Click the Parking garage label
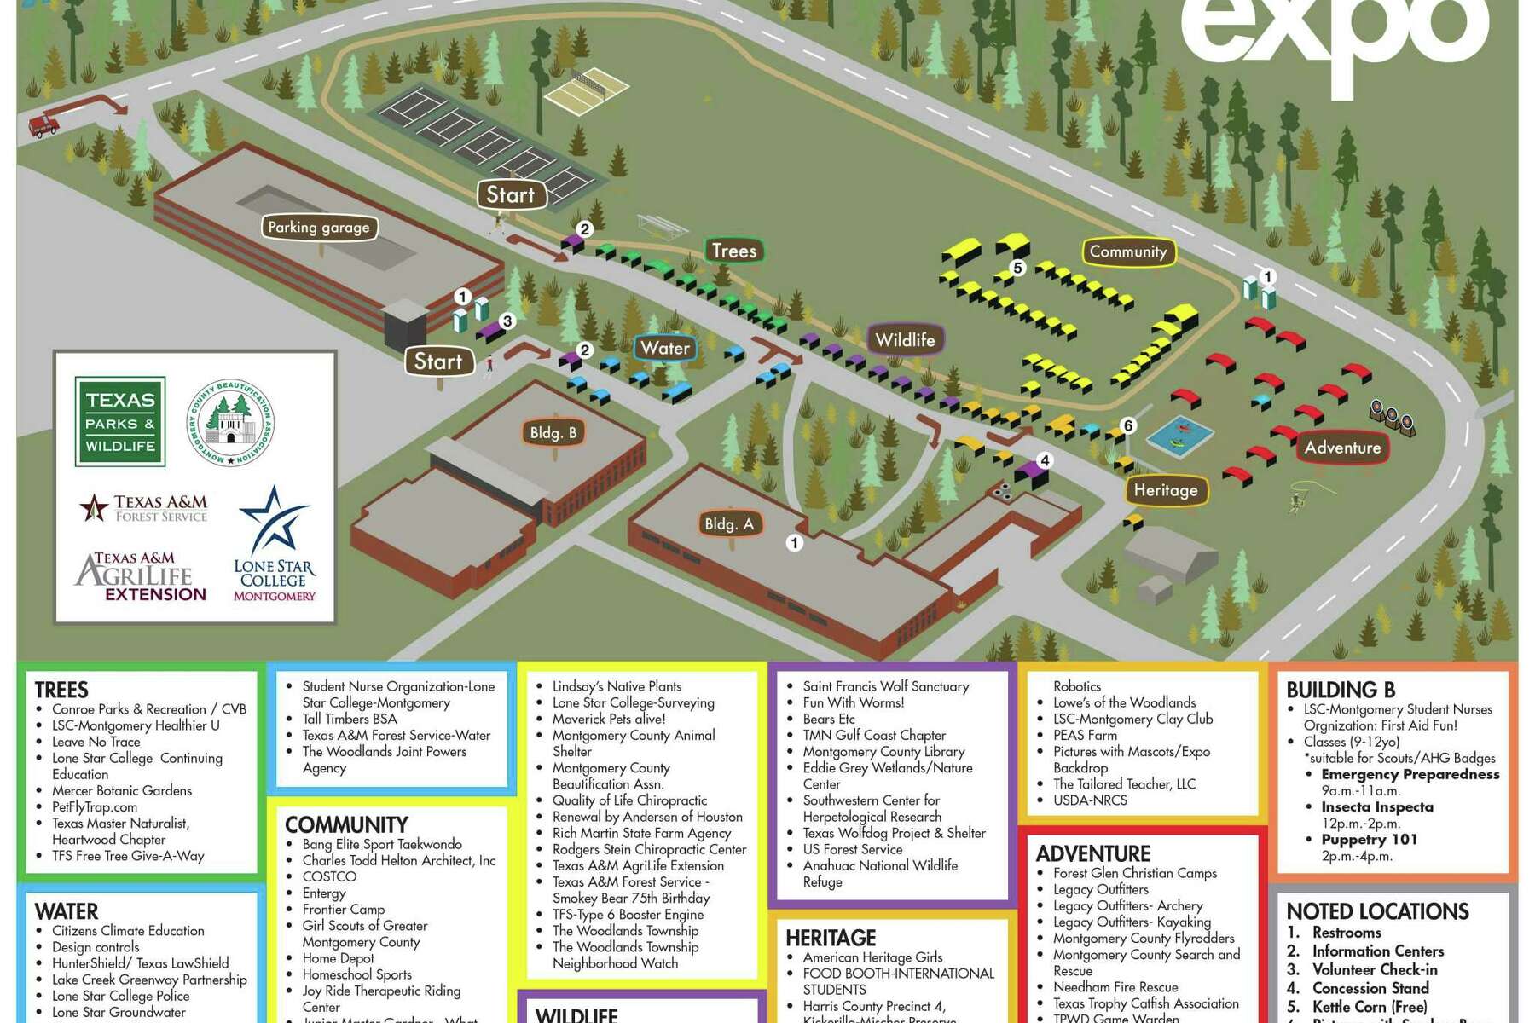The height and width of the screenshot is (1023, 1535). click(318, 228)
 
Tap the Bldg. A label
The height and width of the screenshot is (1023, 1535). click(728, 524)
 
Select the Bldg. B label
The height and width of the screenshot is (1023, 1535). click(553, 433)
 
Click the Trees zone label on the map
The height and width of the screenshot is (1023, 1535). click(733, 251)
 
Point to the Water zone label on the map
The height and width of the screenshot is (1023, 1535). click(665, 348)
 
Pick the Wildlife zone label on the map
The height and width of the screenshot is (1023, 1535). click(905, 340)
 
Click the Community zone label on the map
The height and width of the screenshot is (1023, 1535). click(1127, 251)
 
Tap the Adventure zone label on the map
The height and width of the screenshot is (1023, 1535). click(1342, 448)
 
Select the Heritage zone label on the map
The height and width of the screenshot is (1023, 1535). click(1165, 490)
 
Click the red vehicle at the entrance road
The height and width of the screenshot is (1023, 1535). click(43, 125)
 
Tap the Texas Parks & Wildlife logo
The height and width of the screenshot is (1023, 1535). click(120, 422)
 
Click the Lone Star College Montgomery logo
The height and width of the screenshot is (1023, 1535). click(275, 546)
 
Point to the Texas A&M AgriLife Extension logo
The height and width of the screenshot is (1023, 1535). click(141, 577)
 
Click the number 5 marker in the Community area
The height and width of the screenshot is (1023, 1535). click(1017, 268)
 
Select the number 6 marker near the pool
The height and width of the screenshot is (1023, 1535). click(1127, 425)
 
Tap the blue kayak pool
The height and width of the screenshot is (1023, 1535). click(1180, 436)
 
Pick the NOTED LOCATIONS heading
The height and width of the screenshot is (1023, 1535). click(1377, 911)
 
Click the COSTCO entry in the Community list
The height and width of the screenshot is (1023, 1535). click(329, 876)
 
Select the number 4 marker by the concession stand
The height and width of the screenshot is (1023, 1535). click(1044, 461)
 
